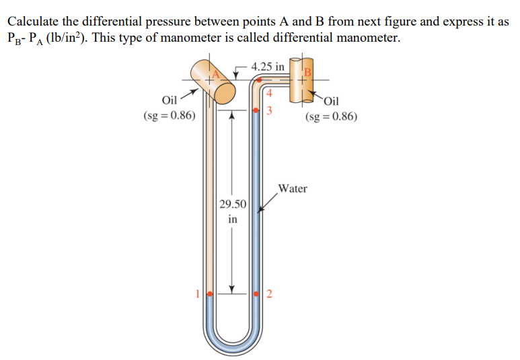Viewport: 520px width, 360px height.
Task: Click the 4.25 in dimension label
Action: (x=268, y=67)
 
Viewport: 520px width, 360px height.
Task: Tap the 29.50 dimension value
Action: (x=233, y=204)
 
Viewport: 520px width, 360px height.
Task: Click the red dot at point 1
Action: (x=210, y=294)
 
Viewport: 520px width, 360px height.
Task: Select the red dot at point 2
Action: (x=256, y=294)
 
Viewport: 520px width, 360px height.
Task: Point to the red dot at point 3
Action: (x=256, y=110)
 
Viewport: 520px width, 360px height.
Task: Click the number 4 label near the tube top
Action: (x=268, y=93)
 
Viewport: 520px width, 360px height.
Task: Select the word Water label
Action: (x=292, y=188)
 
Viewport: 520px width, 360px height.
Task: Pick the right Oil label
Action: (x=332, y=101)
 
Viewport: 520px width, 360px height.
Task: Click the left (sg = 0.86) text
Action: (x=170, y=116)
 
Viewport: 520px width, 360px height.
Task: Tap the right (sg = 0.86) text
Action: (x=331, y=116)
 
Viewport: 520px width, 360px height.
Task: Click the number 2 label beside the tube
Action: (x=269, y=294)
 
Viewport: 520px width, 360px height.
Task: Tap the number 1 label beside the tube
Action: (x=198, y=293)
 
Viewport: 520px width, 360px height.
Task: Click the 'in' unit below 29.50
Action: (x=233, y=219)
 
